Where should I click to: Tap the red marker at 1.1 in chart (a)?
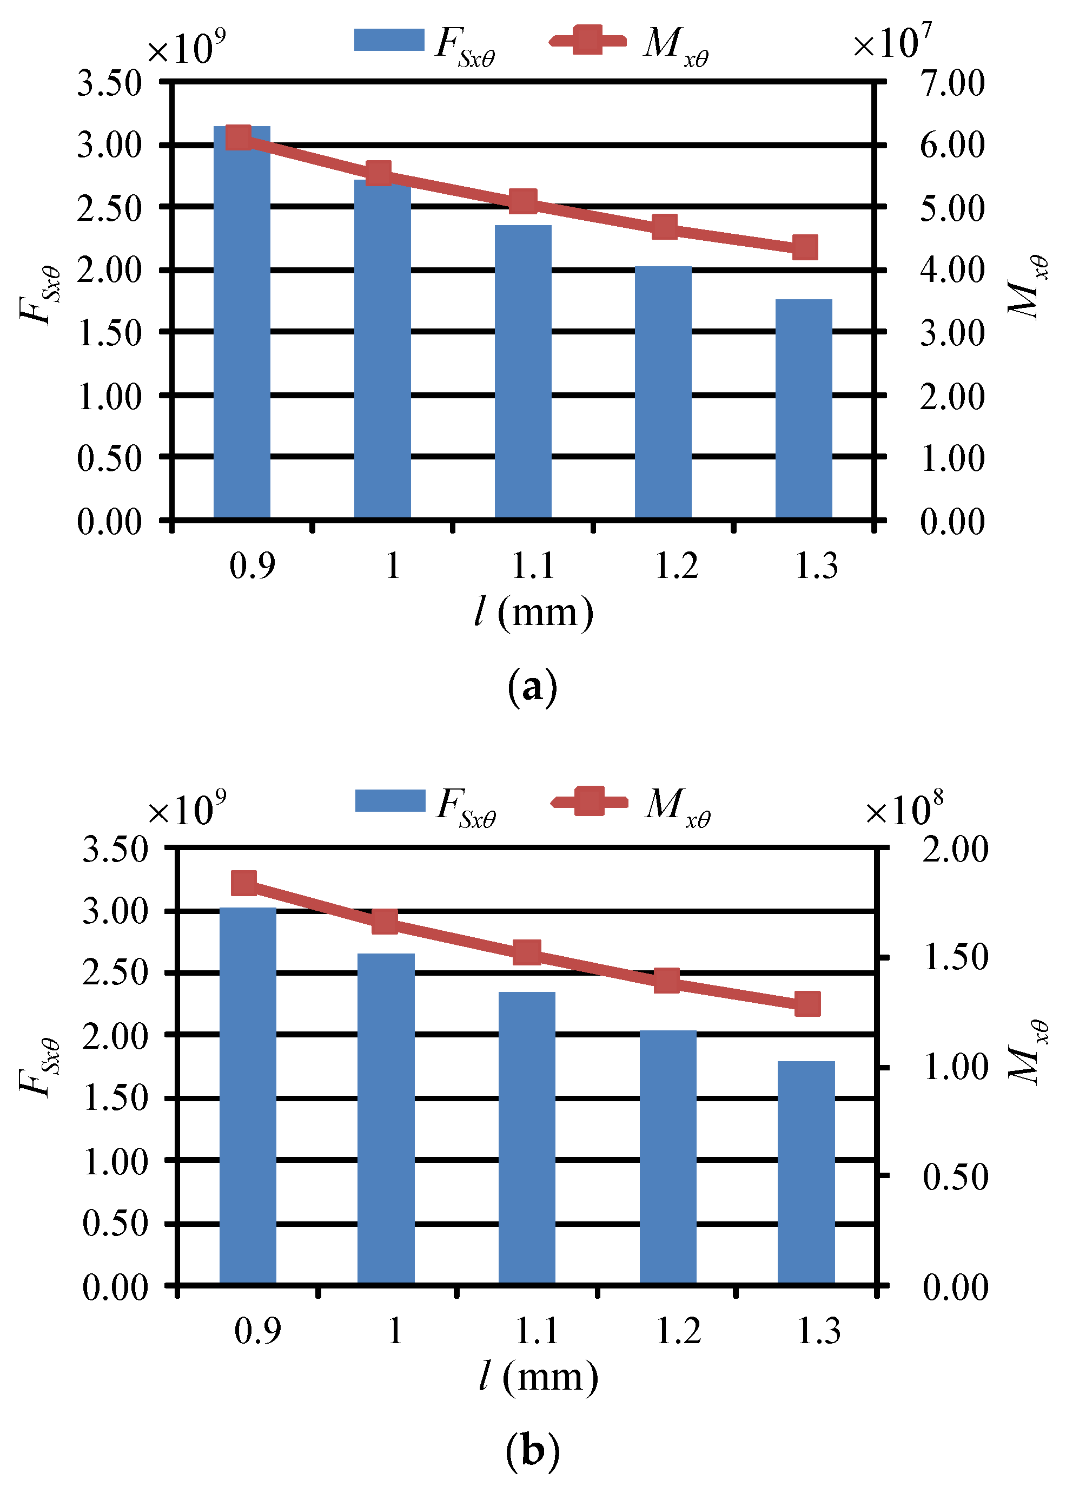click(x=523, y=201)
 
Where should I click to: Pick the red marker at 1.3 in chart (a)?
click(x=805, y=248)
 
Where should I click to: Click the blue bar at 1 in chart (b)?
click(x=386, y=1120)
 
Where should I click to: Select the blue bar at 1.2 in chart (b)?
click(x=667, y=1160)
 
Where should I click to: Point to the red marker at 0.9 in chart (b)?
click(x=244, y=884)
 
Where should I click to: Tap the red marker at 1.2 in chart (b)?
click(x=666, y=981)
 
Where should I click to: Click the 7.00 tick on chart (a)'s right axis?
click(x=951, y=83)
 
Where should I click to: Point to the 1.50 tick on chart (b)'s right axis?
click(x=955, y=957)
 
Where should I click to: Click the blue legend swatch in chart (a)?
click(x=389, y=40)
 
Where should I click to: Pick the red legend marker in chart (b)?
click(x=588, y=801)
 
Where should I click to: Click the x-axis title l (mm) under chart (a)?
click(x=534, y=613)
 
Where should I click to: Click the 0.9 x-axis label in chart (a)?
click(x=252, y=566)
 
